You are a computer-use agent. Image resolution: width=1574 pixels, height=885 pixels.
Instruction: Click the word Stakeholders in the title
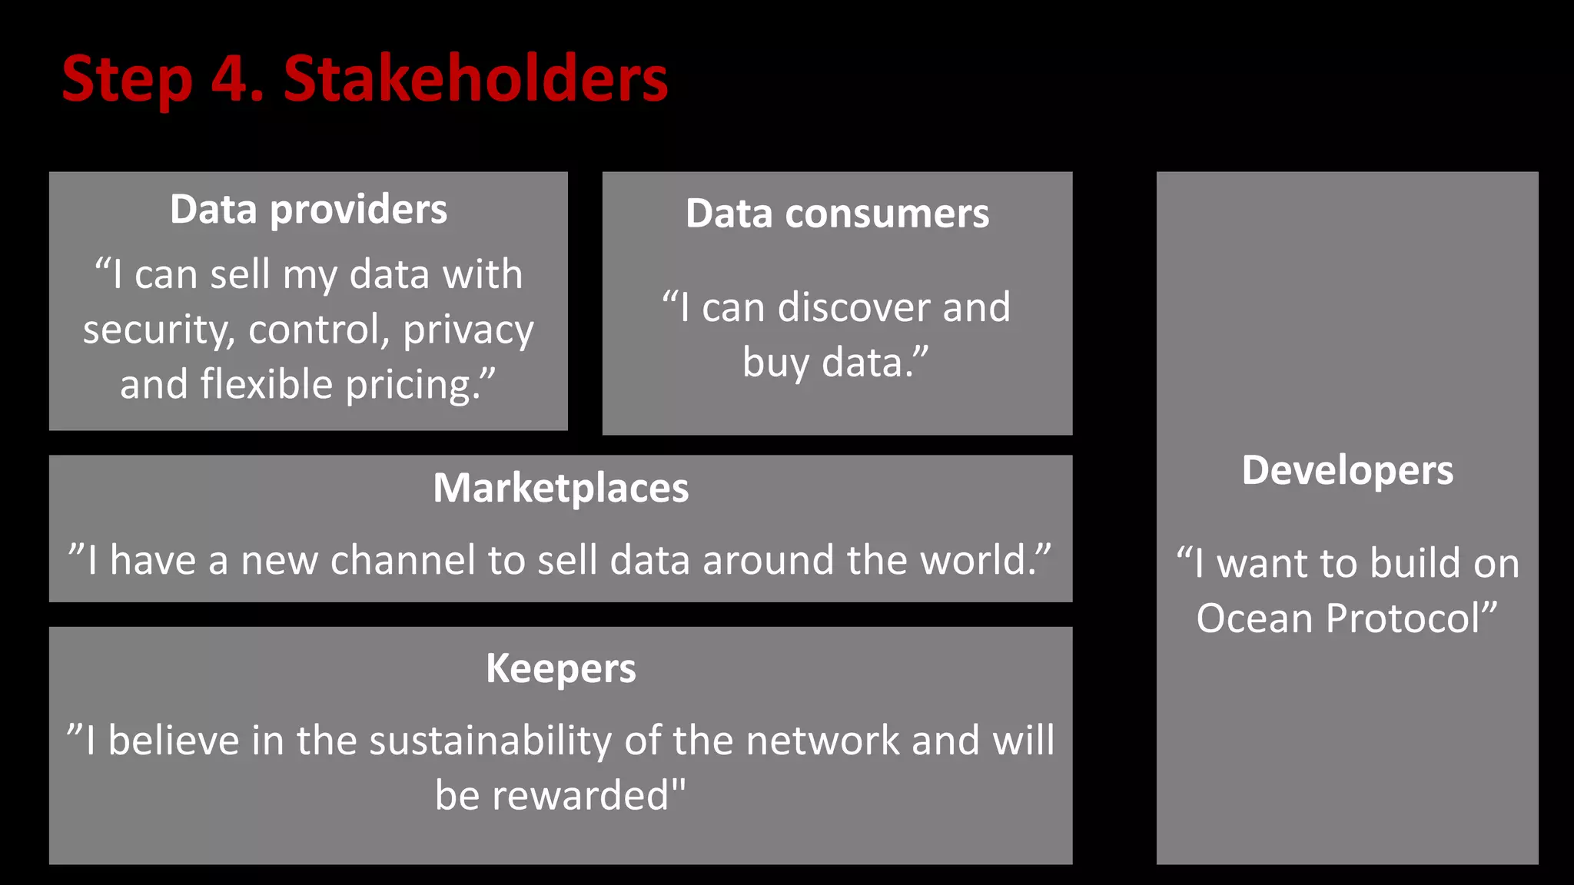point(476,79)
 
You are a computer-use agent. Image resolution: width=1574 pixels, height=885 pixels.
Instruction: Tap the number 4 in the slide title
point(232,79)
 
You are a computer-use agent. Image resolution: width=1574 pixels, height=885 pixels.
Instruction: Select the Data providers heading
point(308,209)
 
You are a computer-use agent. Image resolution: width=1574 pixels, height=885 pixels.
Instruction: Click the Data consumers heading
point(837,214)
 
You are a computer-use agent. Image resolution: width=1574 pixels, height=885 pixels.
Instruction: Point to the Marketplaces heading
point(560,488)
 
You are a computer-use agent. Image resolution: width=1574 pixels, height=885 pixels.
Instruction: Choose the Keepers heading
point(560,668)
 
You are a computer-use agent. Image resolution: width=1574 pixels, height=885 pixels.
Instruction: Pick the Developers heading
point(1347,470)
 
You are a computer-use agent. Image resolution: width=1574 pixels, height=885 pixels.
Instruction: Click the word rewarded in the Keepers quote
point(581,796)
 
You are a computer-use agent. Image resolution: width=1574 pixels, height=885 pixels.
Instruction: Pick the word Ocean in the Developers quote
point(1254,618)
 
